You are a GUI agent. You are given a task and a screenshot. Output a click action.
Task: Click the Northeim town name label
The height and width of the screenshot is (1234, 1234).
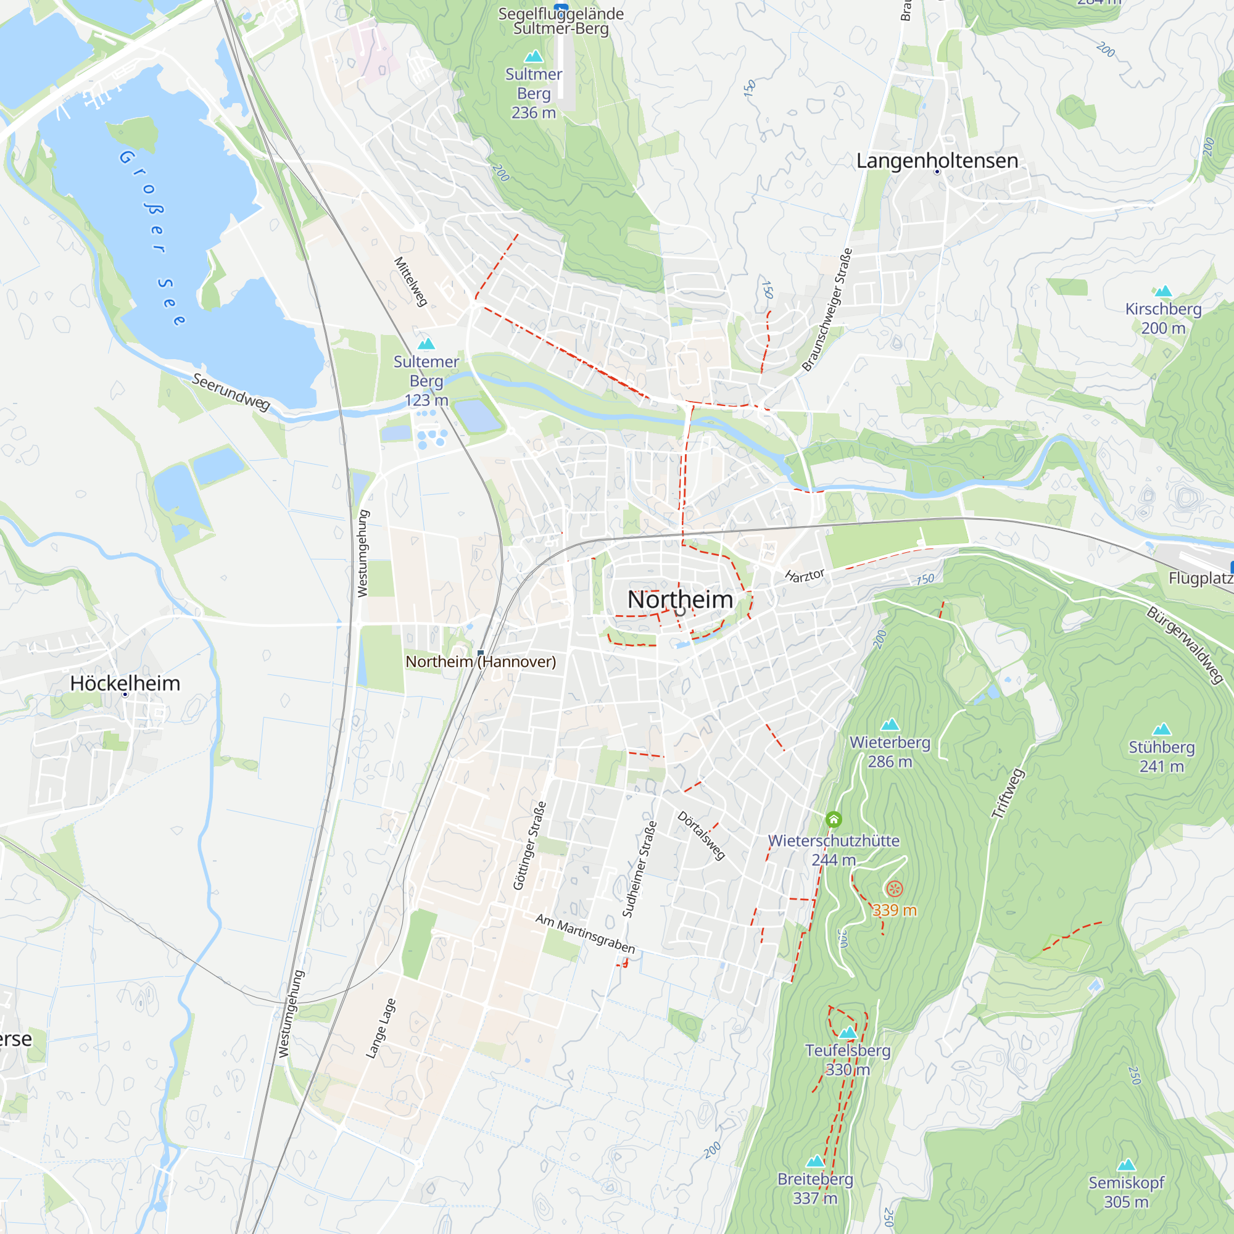[679, 599]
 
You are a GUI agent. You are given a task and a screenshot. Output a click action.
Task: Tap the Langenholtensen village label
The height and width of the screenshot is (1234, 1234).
[937, 160]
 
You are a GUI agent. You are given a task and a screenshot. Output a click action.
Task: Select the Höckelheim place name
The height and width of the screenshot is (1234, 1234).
[125, 683]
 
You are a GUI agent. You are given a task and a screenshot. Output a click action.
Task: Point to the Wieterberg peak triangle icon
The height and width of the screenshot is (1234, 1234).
[890, 724]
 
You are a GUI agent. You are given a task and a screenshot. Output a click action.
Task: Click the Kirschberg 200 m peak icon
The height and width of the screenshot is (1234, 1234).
[1163, 291]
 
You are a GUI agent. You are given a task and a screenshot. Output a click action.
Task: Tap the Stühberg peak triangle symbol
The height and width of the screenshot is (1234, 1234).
[1161, 729]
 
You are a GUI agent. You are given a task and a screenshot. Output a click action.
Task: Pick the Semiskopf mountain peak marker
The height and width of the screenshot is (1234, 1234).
[1126, 1164]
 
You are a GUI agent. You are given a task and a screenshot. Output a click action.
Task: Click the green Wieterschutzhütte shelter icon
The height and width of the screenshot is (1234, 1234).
[834, 819]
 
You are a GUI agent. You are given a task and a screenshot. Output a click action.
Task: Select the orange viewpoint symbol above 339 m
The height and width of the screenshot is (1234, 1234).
[894, 888]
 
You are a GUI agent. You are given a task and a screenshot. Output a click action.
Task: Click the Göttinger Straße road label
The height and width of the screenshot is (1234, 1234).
[529, 846]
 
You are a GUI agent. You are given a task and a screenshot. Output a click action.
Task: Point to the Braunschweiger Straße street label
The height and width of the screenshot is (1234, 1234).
[827, 310]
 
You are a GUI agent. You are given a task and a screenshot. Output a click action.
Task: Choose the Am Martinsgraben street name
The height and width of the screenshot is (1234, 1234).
[585, 933]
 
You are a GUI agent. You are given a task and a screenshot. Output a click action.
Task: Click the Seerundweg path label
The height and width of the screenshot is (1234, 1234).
[231, 392]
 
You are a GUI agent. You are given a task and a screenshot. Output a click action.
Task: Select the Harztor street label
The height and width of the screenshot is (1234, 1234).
[805, 576]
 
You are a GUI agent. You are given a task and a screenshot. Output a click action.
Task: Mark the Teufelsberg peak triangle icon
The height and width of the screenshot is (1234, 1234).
[848, 1032]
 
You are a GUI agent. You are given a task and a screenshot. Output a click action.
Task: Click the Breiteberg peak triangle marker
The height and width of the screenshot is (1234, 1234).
[815, 1161]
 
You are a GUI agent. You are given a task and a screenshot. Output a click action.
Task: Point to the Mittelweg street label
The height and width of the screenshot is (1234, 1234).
[410, 282]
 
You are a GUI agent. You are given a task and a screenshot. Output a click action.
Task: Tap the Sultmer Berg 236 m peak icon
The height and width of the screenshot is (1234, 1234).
[533, 56]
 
